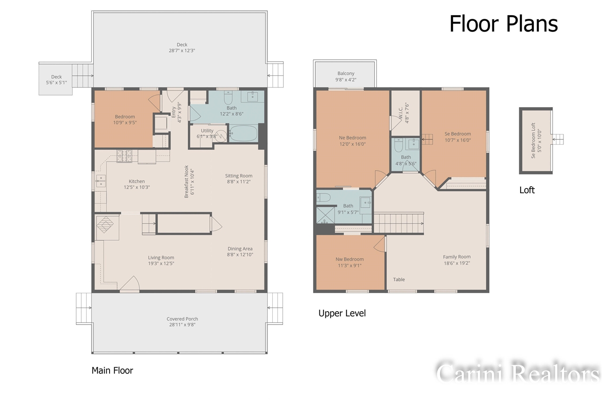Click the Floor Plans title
pos(503,24)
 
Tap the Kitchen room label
pos(137,181)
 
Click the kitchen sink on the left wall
pos(101,181)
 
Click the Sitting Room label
pos(239,176)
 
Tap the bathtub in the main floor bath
pos(243,133)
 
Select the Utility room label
pos(207,131)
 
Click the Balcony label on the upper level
pos(346,73)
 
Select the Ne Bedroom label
pos(352,138)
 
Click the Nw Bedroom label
pos(349,259)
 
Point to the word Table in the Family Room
pos(399,279)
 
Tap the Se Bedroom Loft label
pos(533,140)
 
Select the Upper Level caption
pos(342,313)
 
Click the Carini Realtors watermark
pos(517,374)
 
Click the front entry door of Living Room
pos(130,283)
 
